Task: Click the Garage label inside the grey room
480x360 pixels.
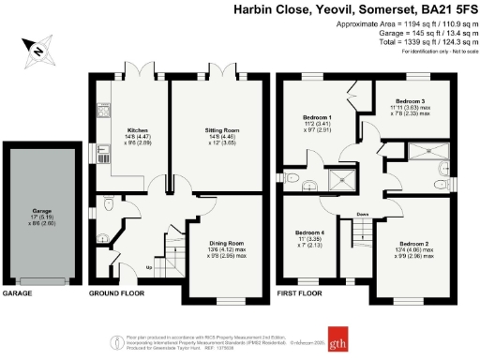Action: [39, 213]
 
